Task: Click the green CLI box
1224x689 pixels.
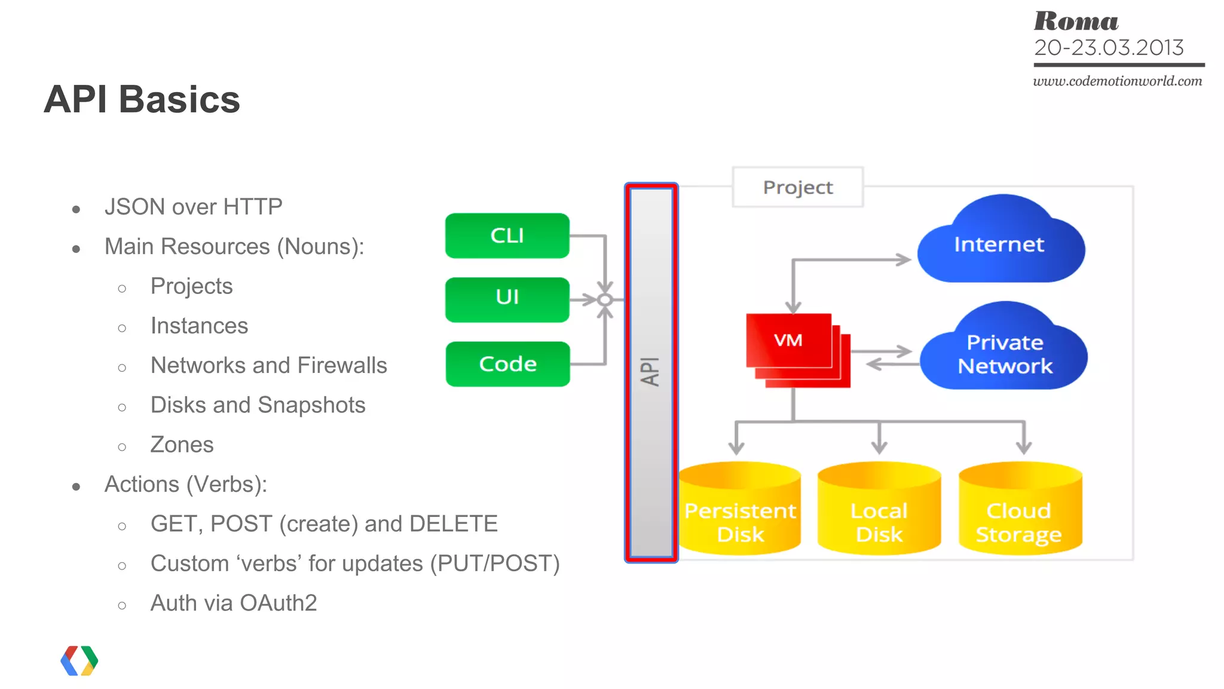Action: pyautogui.click(x=507, y=235)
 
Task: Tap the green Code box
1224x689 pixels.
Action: pyautogui.click(x=507, y=364)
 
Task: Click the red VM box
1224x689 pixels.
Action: pyautogui.click(x=788, y=341)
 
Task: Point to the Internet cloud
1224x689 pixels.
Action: pyautogui.click(x=999, y=245)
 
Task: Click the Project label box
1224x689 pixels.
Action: pyautogui.click(x=797, y=188)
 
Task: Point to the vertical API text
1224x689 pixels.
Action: pyautogui.click(x=650, y=372)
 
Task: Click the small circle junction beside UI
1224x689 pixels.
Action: pyautogui.click(x=605, y=300)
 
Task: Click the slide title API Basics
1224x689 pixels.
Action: pyautogui.click(x=142, y=99)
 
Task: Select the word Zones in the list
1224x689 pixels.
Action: pyautogui.click(x=182, y=445)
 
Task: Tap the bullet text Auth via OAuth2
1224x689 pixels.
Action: pyautogui.click(x=234, y=603)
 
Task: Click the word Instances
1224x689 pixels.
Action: pyautogui.click(x=199, y=326)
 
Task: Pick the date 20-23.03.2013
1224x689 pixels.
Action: pyautogui.click(x=1109, y=48)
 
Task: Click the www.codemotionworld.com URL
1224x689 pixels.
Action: pyautogui.click(x=1117, y=81)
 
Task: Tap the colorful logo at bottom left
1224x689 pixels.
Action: pyautogui.click(x=79, y=660)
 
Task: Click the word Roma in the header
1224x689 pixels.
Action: pyautogui.click(x=1076, y=22)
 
